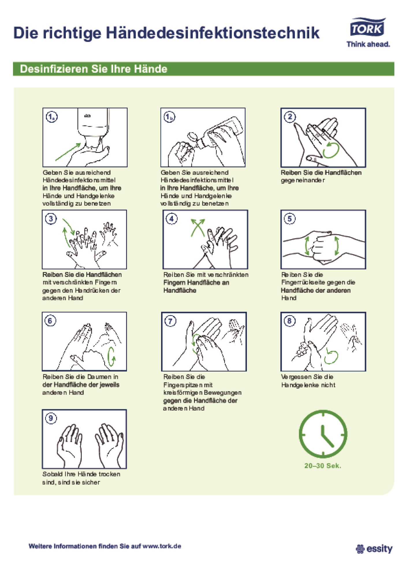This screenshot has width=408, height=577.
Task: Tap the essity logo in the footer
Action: point(374,548)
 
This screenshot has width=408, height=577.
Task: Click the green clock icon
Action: point(323,434)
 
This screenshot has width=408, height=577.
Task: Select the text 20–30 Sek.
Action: point(323,466)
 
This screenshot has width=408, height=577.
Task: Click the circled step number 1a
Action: point(51,117)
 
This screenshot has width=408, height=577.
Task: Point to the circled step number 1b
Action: point(169,117)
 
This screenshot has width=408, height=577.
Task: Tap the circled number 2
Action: point(290,117)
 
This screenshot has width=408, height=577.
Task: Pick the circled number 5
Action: point(290,219)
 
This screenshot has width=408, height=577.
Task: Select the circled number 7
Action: point(170,321)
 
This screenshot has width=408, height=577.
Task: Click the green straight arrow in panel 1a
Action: point(68,151)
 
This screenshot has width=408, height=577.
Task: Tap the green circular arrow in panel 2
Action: point(331,150)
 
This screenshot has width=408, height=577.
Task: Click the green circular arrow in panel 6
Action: point(111,357)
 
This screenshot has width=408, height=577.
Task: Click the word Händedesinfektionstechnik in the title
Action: point(213,33)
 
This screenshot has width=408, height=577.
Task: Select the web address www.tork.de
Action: point(162,546)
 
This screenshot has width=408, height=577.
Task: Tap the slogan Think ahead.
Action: point(368,44)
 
